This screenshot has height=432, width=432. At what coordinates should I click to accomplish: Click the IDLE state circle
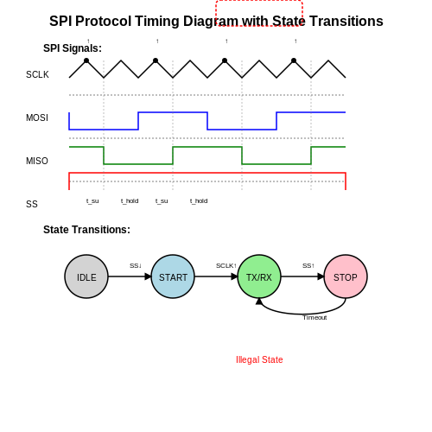(86, 276)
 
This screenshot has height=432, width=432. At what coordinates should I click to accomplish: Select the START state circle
(173, 276)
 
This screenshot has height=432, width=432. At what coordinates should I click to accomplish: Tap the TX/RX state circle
(259, 276)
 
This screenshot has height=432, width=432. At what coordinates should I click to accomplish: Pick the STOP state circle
(346, 276)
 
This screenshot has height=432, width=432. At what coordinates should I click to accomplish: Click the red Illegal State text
(259, 359)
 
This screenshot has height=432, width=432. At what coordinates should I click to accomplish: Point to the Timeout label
(314, 317)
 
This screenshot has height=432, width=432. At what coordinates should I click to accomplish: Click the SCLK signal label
(37, 74)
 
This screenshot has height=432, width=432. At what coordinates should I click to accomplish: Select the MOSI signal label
(37, 118)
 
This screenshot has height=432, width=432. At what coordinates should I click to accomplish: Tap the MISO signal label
(37, 161)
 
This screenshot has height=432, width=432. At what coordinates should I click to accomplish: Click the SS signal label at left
(32, 204)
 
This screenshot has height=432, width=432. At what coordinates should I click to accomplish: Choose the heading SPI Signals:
(73, 48)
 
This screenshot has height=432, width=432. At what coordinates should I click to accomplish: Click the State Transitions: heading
(86, 230)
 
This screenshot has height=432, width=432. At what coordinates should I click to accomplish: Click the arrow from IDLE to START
(130, 276)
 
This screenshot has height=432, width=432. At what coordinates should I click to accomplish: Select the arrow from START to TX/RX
(216, 276)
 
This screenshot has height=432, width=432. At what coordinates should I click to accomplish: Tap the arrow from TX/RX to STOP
(302, 276)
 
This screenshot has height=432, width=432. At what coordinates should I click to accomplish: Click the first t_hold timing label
(130, 200)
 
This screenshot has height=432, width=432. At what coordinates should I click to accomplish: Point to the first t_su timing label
(92, 200)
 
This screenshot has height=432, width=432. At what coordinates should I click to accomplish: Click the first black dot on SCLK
(86, 60)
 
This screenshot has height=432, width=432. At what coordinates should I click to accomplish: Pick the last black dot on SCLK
(294, 60)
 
